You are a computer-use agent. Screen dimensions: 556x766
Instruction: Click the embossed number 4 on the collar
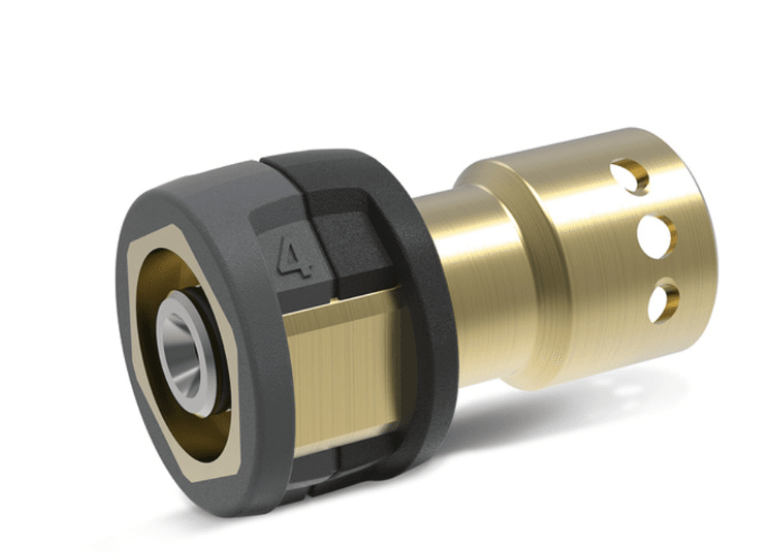tap(296, 256)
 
